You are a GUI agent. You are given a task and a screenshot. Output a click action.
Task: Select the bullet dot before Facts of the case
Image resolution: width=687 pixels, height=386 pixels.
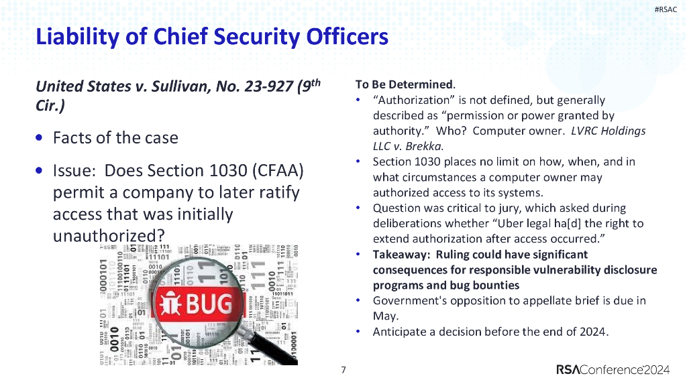pos(40,137)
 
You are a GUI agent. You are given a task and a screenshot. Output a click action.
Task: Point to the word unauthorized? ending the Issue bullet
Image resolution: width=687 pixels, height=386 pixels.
pos(109,236)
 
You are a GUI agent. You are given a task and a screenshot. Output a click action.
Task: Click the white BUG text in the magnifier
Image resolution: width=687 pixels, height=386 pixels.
pos(209,305)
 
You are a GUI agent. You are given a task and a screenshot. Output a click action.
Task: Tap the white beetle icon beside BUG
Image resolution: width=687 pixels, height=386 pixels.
pos(170,306)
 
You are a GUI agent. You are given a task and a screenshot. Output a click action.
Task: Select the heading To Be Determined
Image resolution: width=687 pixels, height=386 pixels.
pos(405,84)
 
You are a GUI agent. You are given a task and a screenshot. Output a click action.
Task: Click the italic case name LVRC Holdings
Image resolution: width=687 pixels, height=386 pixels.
pos(608,131)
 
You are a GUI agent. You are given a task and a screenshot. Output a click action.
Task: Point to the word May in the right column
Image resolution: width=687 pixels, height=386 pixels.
pos(385,316)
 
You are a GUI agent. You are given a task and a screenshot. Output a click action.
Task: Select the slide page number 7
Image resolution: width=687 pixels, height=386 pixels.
pos(343,370)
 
